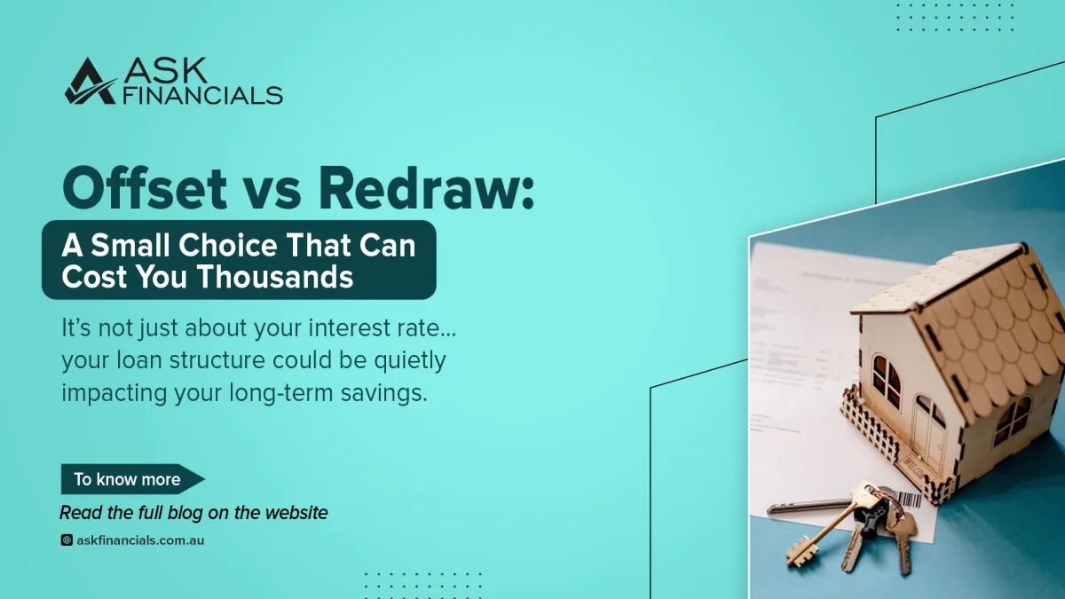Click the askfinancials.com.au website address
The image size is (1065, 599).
(140, 540)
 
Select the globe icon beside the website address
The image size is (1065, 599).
(67, 540)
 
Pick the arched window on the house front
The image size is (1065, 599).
(885, 377)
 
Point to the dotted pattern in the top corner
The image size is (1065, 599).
(954, 17)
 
